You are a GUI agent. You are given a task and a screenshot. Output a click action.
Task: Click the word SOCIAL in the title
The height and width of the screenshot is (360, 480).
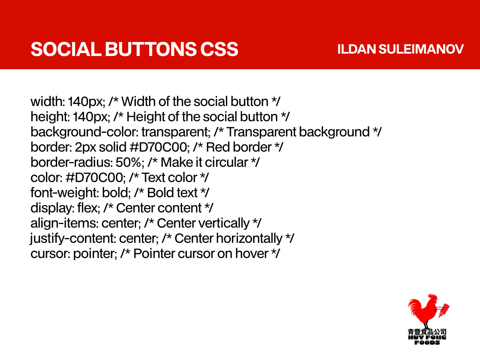coord(66,49)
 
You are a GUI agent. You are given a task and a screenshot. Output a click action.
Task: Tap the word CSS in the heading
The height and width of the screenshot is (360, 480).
coord(219,49)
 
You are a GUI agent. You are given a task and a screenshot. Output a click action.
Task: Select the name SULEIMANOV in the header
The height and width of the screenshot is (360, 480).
coord(421,49)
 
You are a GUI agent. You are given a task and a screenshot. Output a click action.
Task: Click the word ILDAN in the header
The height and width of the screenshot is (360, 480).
coord(356,49)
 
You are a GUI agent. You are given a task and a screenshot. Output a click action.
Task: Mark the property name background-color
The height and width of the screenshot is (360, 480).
coord(84,132)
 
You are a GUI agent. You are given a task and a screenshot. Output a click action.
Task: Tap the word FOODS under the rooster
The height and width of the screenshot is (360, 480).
coord(427,343)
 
